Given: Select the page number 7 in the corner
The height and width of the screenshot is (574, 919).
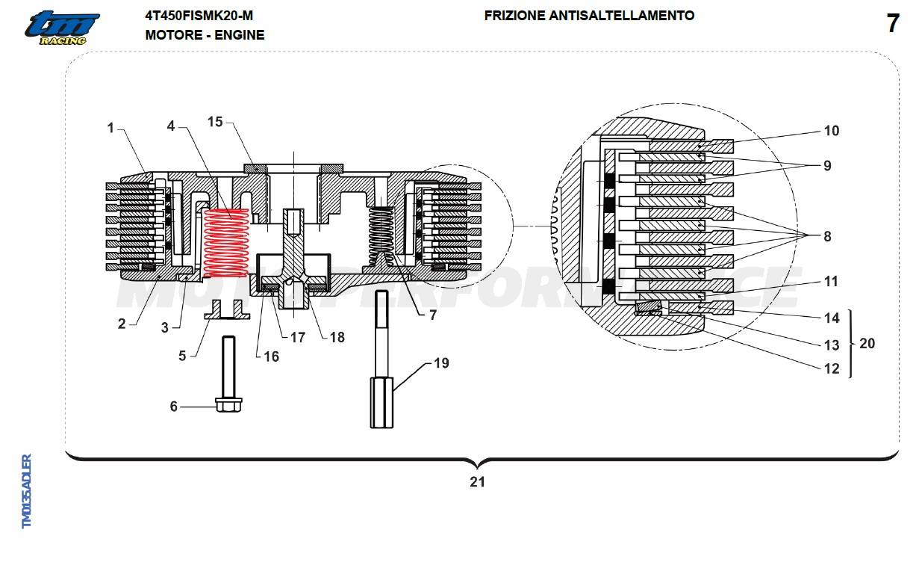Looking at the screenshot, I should (x=892, y=24).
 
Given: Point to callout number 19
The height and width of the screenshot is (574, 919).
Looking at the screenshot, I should (x=441, y=363).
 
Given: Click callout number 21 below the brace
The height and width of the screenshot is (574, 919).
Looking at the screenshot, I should (x=477, y=482).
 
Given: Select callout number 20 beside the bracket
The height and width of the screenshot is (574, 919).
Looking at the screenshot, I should (x=867, y=344).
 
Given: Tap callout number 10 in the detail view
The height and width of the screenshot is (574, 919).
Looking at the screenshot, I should (x=831, y=131).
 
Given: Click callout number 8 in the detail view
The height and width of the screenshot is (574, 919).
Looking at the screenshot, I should (x=827, y=236).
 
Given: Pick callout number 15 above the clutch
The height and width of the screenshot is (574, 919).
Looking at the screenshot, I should (x=215, y=122).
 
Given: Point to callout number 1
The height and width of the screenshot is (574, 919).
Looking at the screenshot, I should (x=110, y=128).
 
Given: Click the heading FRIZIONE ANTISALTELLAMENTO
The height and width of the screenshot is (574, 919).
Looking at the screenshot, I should (x=589, y=16).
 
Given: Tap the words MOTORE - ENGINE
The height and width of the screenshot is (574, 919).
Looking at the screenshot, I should (x=205, y=35).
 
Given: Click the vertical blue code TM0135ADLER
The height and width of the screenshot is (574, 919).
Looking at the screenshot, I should (x=26, y=491).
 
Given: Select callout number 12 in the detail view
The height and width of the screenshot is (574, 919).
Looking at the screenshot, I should (x=831, y=368).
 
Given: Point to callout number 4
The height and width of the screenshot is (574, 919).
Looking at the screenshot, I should (x=171, y=126).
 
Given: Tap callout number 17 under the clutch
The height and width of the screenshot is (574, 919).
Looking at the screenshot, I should (x=298, y=337).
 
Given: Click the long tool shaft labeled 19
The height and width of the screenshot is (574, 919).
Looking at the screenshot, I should (x=381, y=359).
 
